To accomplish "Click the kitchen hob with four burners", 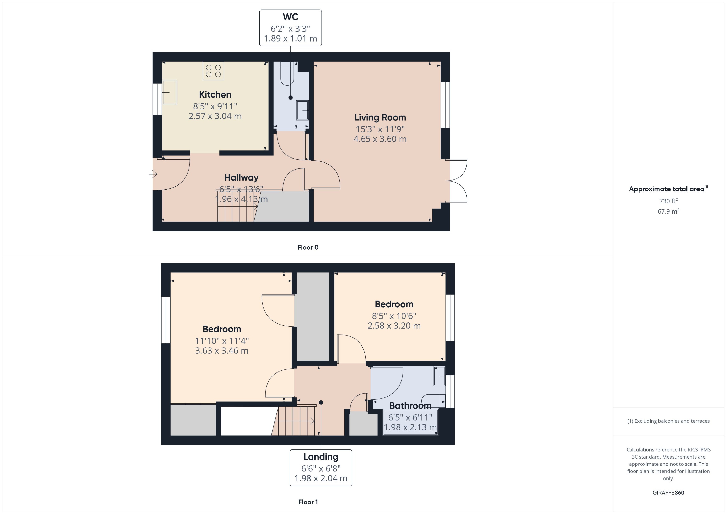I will [x=213, y=71].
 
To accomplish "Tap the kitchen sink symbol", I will [x=169, y=92].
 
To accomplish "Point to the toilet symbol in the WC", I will [x=287, y=73].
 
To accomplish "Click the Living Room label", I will [x=380, y=117].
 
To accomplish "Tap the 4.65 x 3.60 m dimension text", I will [x=380, y=139].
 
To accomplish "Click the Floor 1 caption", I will [x=308, y=502].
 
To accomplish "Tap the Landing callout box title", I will [x=321, y=457].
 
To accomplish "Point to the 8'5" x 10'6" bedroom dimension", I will [x=394, y=316].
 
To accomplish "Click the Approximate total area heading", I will [x=667, y=189].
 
